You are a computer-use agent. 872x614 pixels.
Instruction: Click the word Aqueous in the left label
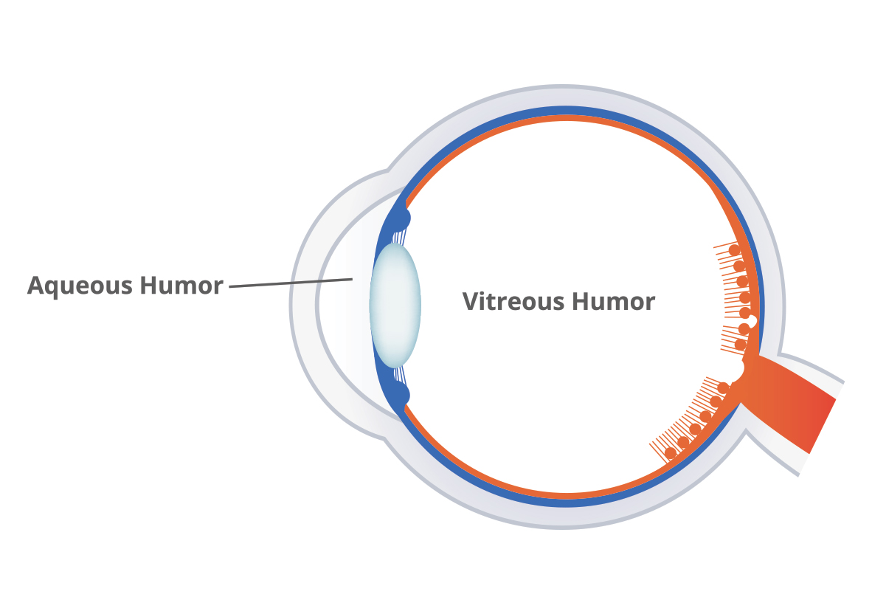pyautogui.click(x=80, y=286)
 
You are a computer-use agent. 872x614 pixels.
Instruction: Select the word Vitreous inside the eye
pyautogui.click(x=513, y=302)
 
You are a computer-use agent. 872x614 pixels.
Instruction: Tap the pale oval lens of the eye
pyautogui.click(x=395, y=304)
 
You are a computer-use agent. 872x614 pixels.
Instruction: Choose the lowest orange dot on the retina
pyautogui.click(x=670, y=452)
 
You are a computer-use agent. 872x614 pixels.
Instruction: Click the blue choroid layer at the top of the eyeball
pyautogui.click(x=561, y=111)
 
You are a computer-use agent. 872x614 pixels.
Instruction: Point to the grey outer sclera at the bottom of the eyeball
pyautogui.click(x=561, y=517)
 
